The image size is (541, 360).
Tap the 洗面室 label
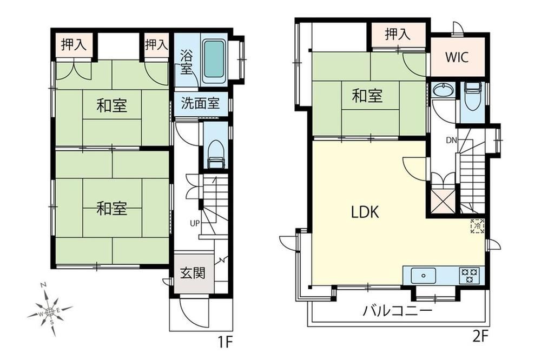point(200,103)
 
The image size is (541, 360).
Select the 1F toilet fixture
point(216,154)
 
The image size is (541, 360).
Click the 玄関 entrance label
point(193,273)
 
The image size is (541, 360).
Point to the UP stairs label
point(195,223)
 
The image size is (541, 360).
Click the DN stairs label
point(452,140)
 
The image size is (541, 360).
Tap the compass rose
point(50,312)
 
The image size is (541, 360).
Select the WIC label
point(457,57)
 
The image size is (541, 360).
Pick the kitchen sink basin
point(424,276)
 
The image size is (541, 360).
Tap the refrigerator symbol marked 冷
point(478,226)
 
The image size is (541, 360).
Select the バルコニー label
point(397,311)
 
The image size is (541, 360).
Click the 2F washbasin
point(444,91)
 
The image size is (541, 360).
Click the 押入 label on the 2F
point(398,34)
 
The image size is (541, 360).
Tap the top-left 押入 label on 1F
point(74,44)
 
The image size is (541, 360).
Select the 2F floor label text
point(480,337)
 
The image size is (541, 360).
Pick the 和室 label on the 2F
point(367,96)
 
